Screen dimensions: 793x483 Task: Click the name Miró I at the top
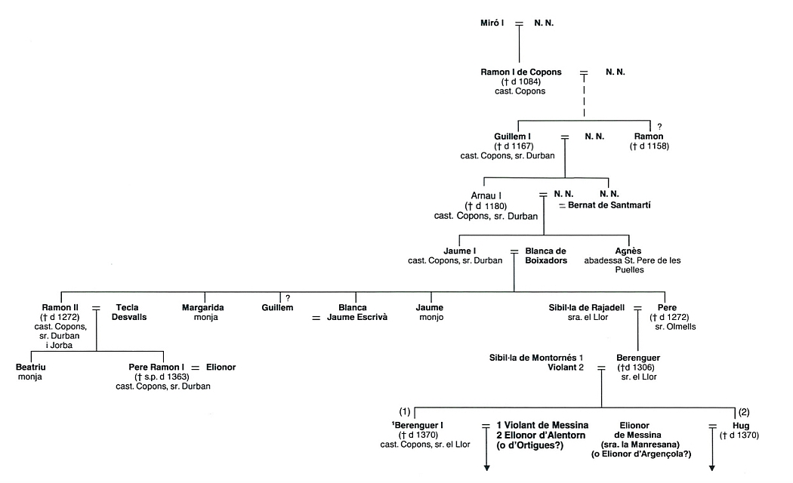pyautogui.click(x=492, y=23)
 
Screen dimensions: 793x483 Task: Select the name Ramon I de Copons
pyautogui.click(x=521, y=72)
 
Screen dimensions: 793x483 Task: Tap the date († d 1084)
pyautogui.click(x=521, y=82)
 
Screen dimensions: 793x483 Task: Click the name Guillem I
pyautogui.click(x=512, y=137)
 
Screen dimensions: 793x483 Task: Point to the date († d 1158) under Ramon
pyautogui.click(x=650, y=146)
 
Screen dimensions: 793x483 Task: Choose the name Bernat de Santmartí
pyautogui.click(x=609, y=205)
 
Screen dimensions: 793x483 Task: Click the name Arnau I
pyautogui.click(x=486, y=195)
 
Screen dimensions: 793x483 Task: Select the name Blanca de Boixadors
pyautogui.click(x=546, y=256)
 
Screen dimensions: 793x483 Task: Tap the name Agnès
pyautogui.click(x=628, y=251)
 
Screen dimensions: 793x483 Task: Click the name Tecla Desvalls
pyautogui.click(x=129, y=312)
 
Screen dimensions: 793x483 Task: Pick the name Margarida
pyautogui.click(x=203, y=307)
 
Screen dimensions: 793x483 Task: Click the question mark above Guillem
pyautogui.click(x=288, y=298)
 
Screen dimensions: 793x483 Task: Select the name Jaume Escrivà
pyautogui.click(x=357, y=317)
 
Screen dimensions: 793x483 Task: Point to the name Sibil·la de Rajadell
pyautogui.click(x=587, y=307)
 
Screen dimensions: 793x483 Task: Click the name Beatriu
pyautogui.click(x=30, y=368)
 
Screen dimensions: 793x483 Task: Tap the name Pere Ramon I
pyautogui.click(x=156, y=368)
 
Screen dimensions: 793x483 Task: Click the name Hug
pyautogui.click(x=741, y=426)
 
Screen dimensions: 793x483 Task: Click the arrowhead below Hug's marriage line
pyautogui.click(x=712, y=468)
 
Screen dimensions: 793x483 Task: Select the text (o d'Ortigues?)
pyautogui.click(x=530, y=445)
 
